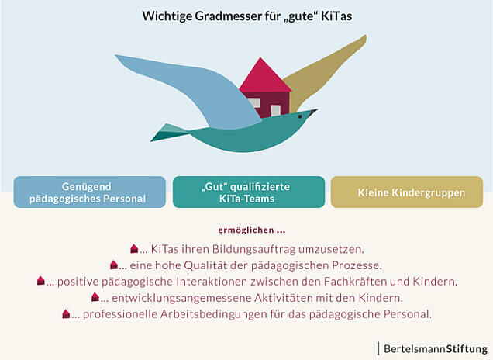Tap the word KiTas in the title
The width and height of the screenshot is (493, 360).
pos(336,16)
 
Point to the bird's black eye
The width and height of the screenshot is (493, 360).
pos(300,116)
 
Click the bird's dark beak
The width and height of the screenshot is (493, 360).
pos(312,112)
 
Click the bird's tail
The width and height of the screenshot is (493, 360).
pos(170,133)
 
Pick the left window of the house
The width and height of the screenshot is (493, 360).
pos(253,103)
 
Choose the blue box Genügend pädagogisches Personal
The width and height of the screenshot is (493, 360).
pos(90,192)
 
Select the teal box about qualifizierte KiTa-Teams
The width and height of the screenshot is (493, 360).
pos(249,192)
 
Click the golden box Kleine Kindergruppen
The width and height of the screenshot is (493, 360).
pos(407,192)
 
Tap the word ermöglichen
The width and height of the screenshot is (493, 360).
pos(246,230)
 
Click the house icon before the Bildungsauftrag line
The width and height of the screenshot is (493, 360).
pos(134,248)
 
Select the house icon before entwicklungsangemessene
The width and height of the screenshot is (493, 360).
pos(95,296)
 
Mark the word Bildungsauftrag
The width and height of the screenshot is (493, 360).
pos(253,249)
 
